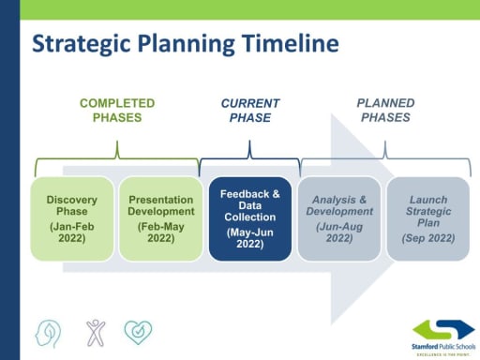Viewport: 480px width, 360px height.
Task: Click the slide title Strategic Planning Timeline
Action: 186,45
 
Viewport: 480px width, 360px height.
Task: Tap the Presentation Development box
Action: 160,217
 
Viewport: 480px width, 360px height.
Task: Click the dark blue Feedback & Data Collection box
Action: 249,217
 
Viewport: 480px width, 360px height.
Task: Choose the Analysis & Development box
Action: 338,217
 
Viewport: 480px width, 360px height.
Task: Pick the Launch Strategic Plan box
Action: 427,217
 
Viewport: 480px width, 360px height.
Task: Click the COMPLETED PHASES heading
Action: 116,110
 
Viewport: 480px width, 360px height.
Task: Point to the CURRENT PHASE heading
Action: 250,110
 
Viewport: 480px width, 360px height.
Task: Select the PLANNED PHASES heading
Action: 384,110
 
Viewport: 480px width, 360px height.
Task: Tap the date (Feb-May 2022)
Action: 160,232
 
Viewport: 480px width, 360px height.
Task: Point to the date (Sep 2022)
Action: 427,238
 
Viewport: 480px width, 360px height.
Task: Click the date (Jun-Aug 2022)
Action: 338,232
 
